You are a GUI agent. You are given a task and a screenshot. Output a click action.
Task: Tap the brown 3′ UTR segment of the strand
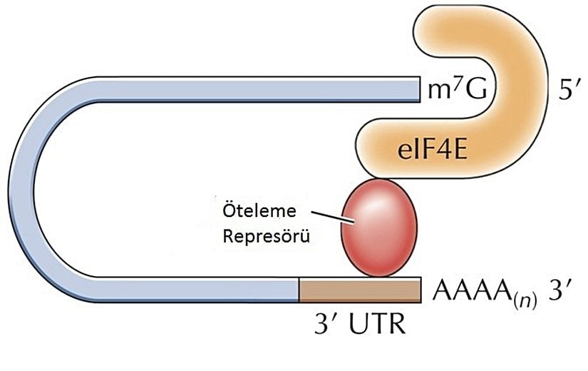point(359,290)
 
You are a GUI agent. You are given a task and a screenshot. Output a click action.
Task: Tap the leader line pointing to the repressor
point(334,218)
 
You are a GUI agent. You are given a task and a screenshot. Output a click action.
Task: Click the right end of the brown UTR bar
point(417,290)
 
